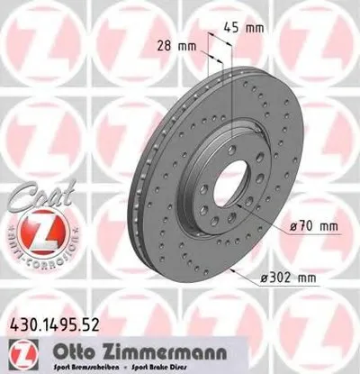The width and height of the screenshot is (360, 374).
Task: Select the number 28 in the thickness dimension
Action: [x=168, y=44]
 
